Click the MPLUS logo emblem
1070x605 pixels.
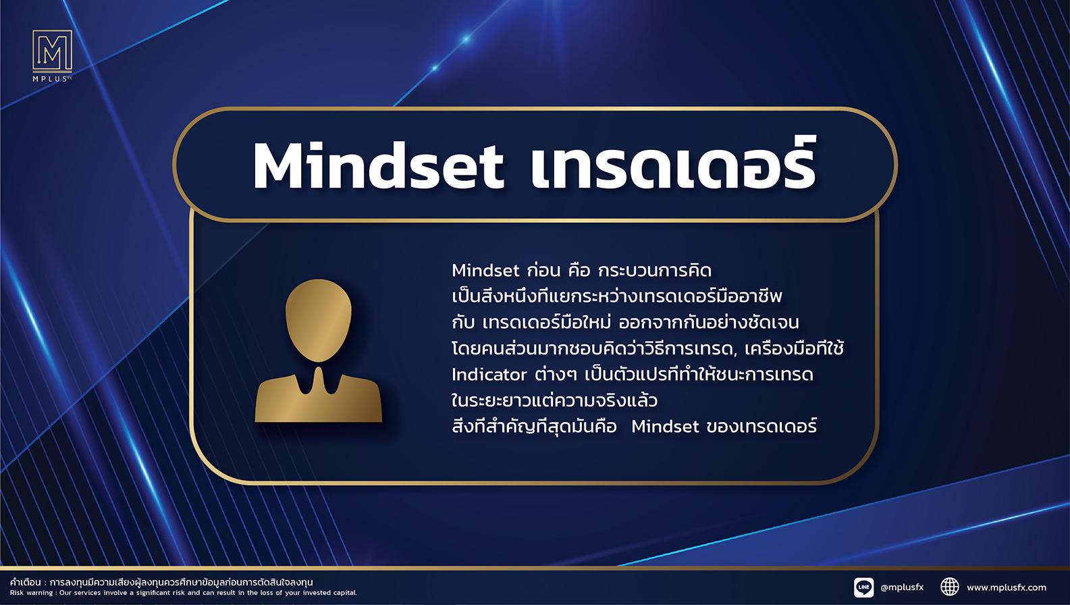point(52,50)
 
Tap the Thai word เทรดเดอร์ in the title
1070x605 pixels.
point(674,163)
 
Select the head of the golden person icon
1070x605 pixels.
point(318,320)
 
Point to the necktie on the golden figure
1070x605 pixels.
point(318,380)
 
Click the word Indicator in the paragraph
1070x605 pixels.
point(489,375)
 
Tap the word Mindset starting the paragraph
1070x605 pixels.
point(485,271)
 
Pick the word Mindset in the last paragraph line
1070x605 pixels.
point(665,426)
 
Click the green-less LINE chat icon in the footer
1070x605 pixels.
point(863,587)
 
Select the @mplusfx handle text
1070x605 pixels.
point(902,587)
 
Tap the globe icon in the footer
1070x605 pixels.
point(950,587)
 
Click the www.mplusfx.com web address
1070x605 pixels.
point(1007,587)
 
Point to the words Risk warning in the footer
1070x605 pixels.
point(32,593)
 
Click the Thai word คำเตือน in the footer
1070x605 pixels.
point(26,582)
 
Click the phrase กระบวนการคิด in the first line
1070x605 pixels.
point(655,271)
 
